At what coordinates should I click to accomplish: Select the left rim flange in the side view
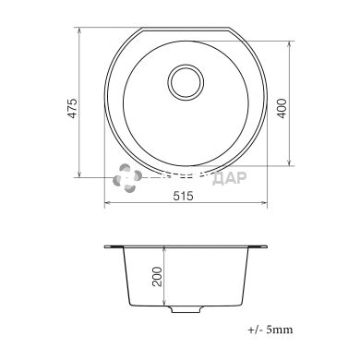click(114, 247)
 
